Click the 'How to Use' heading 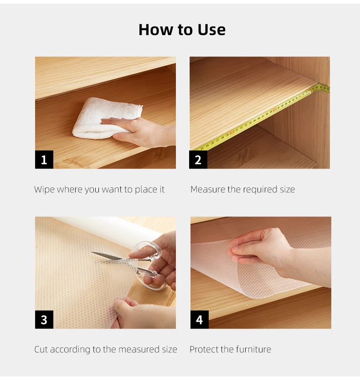pyautogui.click(x=182, y=30)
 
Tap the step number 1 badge pyautogui.click(x=44, y=160)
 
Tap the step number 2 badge pyautogui.click(x=198, y=160)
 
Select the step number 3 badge pyautogui.click(x=44, y=320)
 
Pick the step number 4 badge pyautogui.click(x=199, y=320)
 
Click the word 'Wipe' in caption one pyautogui.click(x=44, y=190)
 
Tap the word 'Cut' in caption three pyautogui.click(x=41, y=350)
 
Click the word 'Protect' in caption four pyautogui.click(x=204, y=350)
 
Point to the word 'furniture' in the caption pyautogui.click(x=253, y=350)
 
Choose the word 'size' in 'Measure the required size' pyautogui.click(x=287, y=190)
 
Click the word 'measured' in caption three pyautogui.click(x=137, y=350)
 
